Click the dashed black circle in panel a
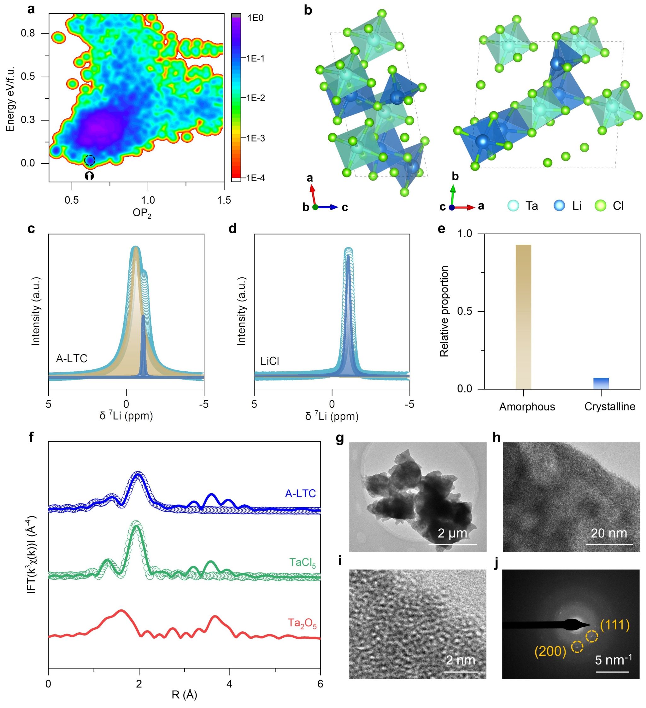(x=90, y=160)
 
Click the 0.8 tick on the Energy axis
(x=28, y=33)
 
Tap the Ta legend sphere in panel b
(x=514, y=206)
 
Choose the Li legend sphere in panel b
(x=559, y=206)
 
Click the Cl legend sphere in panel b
(x=601, y=206)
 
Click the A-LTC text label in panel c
(x=72, y=358)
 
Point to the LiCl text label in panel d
(x=270, y=361)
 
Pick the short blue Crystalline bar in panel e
(x=601, y=384)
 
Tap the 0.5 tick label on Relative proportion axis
(x=465, y=311)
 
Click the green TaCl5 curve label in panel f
(x=302, y=563)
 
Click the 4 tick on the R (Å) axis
(x=230, y=683)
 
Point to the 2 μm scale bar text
(x=452, y=533)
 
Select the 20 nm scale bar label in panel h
(x=609, y=533)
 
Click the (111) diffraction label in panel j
(x=615, y=625)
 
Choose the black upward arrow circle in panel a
(x=89, y=176)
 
